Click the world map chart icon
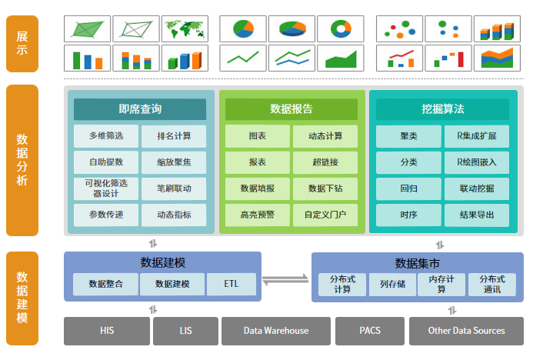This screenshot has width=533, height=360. pos(185,29)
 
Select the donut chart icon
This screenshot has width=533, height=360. pos(341,29)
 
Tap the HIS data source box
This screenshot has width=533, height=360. pos(107,331)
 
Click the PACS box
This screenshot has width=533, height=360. pos(370,331)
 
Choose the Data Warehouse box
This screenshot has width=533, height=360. pos(276,331)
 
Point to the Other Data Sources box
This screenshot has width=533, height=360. pos(466,331)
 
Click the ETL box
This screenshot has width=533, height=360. pos(232,284)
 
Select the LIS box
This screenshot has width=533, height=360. pos(185,331)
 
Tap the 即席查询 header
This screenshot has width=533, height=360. pos(140,109)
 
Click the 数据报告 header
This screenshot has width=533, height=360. pos(291,109)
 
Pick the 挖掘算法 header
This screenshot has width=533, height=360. pos(442,109)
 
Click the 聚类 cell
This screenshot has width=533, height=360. pos(408,136)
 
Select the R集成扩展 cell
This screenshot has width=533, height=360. pos(477,136)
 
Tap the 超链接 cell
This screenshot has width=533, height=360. pos(325,162)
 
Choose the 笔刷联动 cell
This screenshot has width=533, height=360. pos(174,188)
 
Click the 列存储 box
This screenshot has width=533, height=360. pos(392,284)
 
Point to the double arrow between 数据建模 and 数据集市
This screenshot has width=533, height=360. pos(285,280)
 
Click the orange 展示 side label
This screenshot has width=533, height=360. pos(22,44)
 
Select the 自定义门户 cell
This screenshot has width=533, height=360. pos(325,215)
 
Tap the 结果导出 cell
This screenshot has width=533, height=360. pos(477,215)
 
